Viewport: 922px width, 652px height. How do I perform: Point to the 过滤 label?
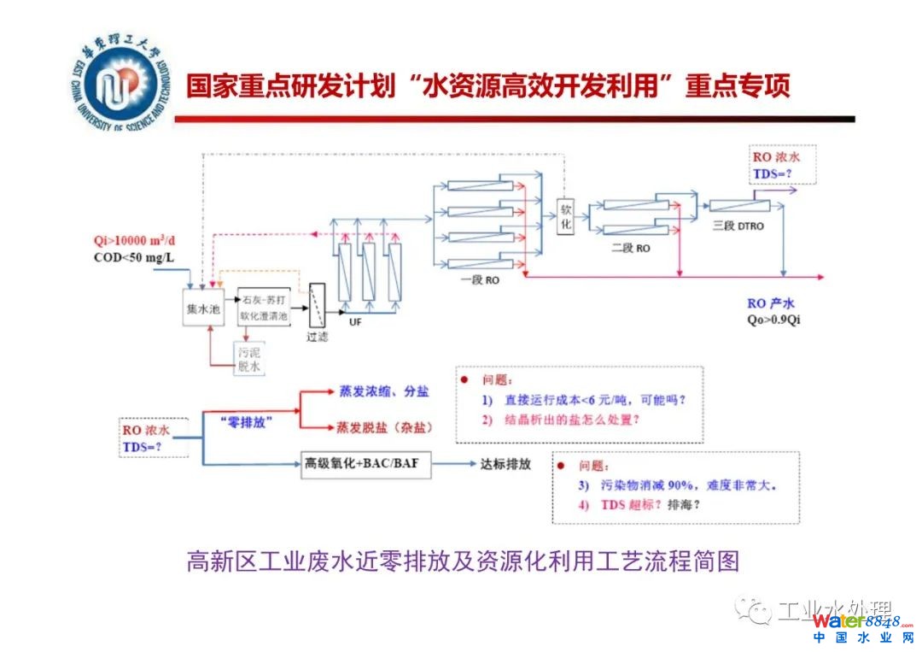[x=318, y=337]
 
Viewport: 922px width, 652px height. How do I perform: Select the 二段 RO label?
[x=631, y=249]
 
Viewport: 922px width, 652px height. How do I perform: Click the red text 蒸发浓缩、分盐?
[x=382, y=391]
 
